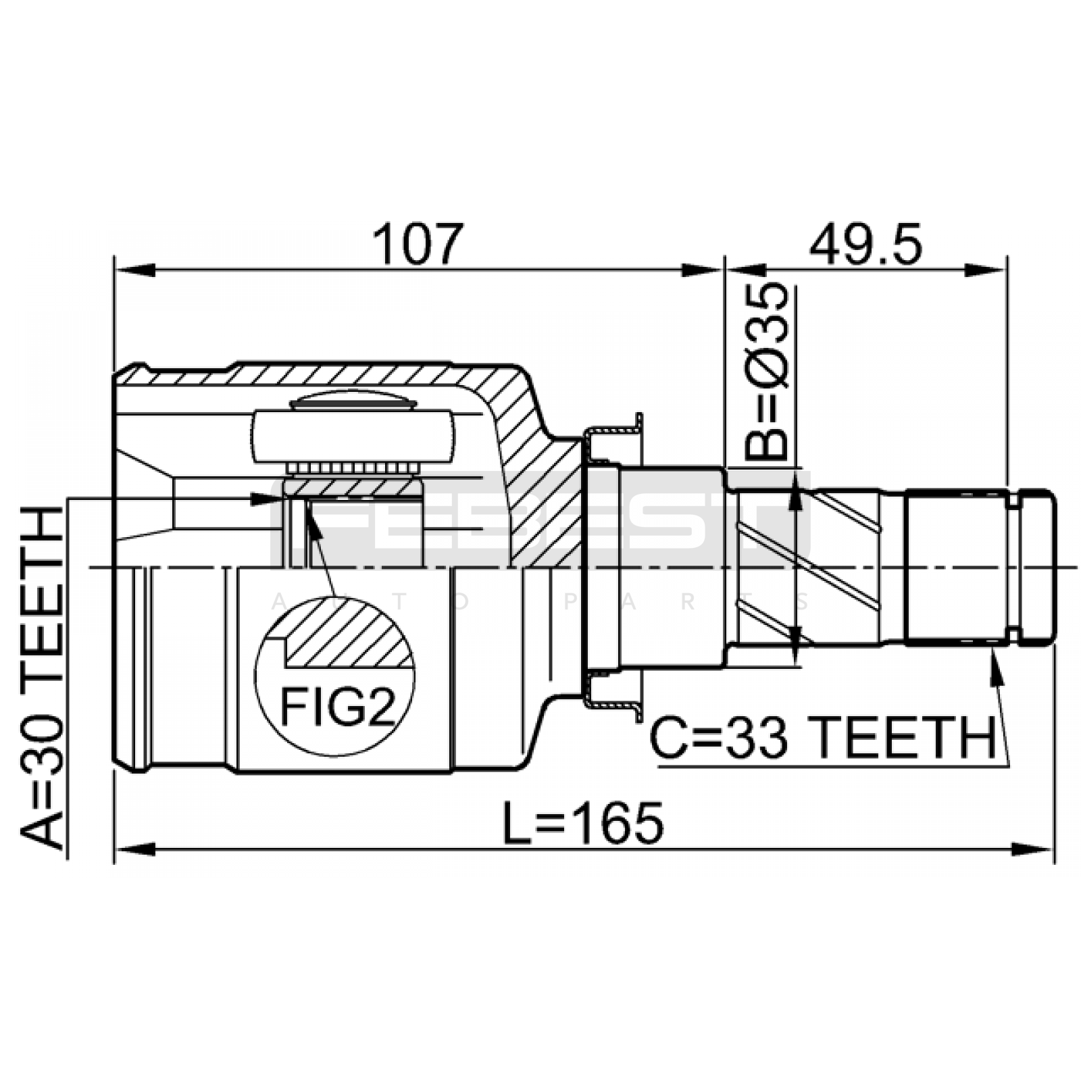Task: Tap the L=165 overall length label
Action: click(x=584, y=823)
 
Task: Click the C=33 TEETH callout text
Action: click(x=823, y=738)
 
